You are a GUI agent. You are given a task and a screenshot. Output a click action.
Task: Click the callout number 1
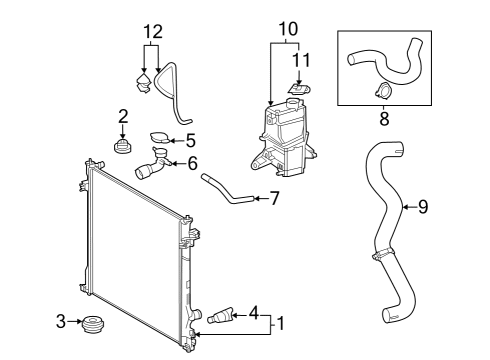click(280, 323)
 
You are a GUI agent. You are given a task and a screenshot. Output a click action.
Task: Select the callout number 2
click(123, 115)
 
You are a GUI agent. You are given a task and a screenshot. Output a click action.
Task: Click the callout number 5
click(190, 141)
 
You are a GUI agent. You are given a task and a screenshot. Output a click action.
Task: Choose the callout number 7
click(273, 199)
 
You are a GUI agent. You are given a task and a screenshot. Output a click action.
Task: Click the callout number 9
click(422, 207)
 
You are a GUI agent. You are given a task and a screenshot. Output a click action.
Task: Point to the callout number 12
click(151, 32)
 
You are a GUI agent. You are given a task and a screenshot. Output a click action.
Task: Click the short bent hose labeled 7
click(224, 190)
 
